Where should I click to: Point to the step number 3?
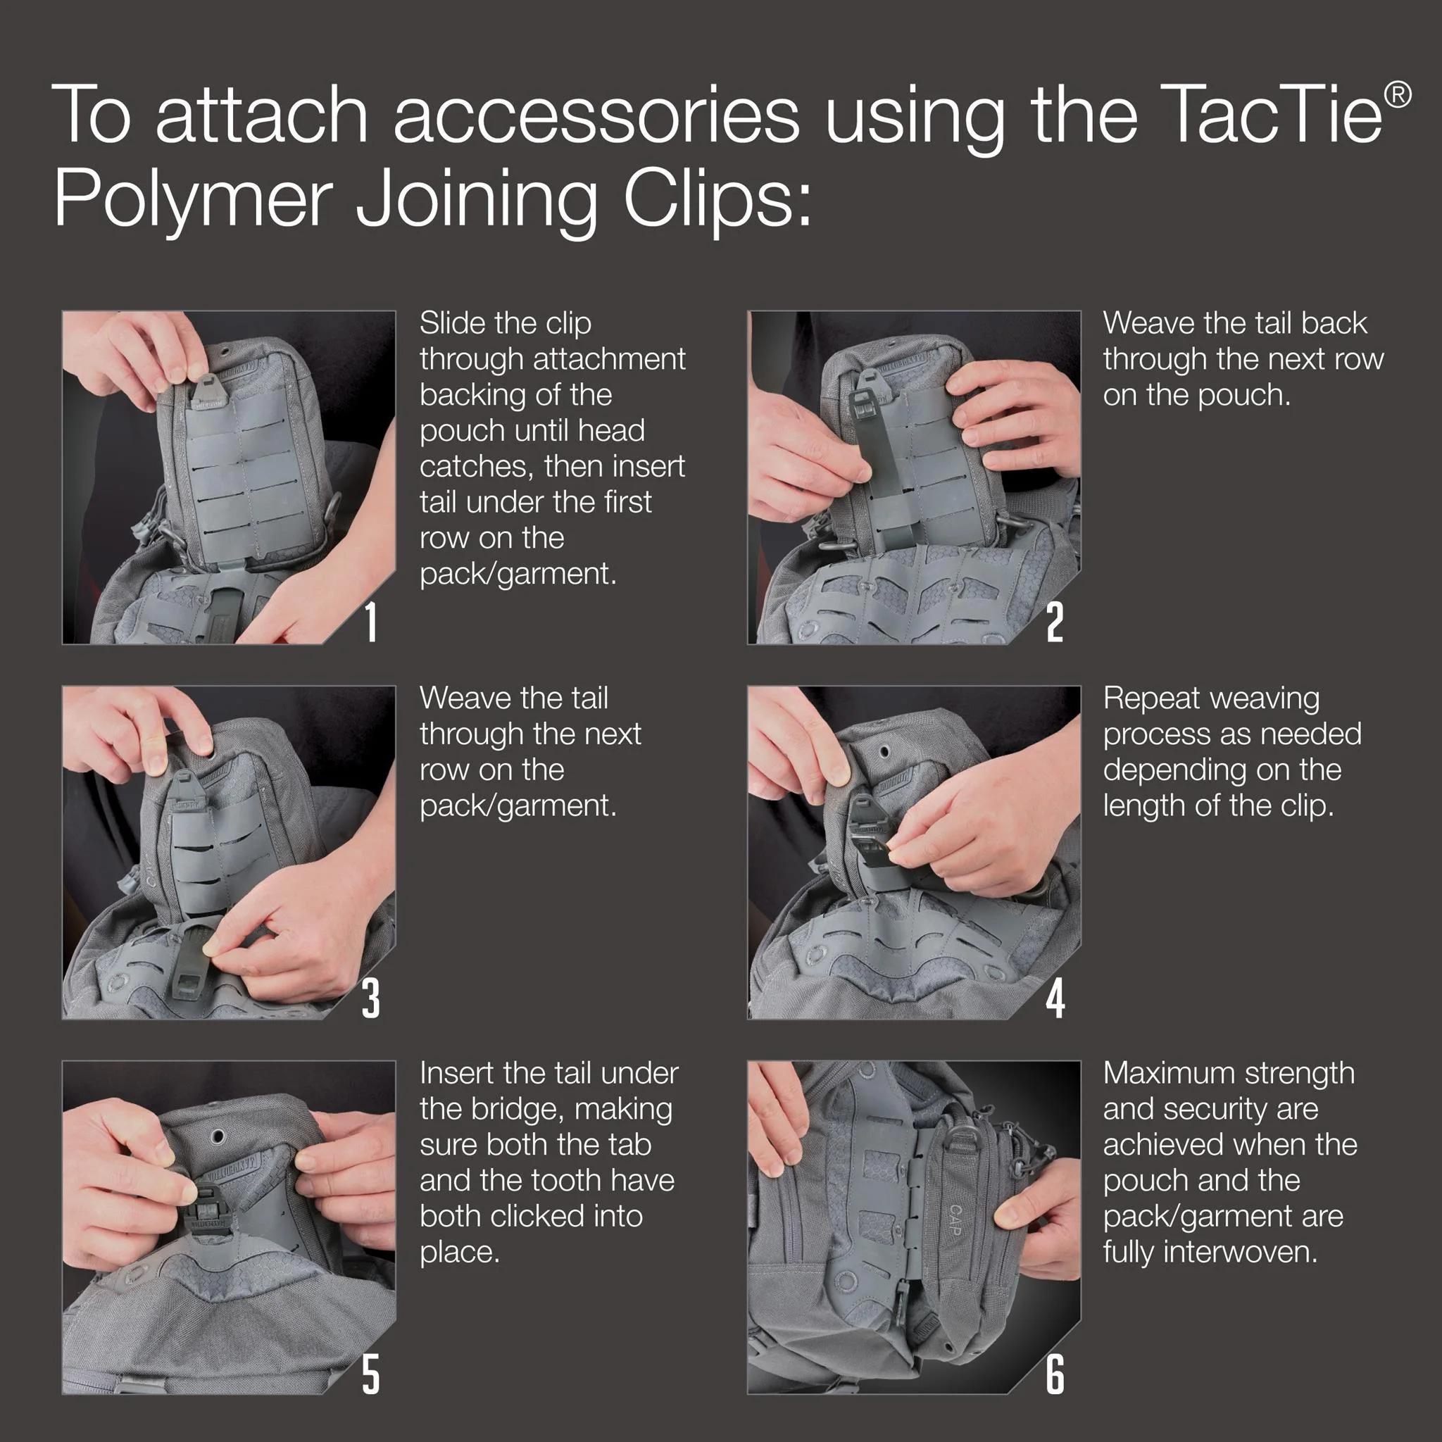[x=371, y=998]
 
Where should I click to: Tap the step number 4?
[x=1055, y=998]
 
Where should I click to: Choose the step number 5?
[x=371, y=1374]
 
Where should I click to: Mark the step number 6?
[x=1055, y=1374]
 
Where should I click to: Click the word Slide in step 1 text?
[x=452, y=323]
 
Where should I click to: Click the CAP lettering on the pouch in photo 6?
[x=956, y=1220]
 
